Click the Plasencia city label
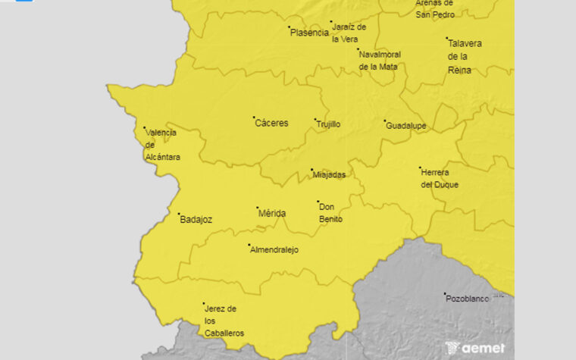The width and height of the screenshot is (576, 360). coord(309,33)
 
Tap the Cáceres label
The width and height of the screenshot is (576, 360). coord(271,123)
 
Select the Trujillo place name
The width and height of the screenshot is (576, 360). coord(328,124)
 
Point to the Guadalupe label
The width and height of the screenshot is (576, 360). coord(406,126)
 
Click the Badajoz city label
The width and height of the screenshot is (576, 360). coord(196,220)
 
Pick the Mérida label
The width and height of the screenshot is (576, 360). coord(272,214)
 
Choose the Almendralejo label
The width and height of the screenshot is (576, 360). coord(274,249)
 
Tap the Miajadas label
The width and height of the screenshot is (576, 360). coord(329,175)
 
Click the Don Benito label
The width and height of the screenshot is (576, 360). coord(330,213)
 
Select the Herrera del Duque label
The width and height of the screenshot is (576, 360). coord(440,178)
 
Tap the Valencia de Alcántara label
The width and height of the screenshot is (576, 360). coord(162,145)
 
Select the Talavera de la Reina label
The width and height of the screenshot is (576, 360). coord(465,57)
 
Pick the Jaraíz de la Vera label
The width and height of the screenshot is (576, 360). coord(349,33)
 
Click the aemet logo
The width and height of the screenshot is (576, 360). coord(475,347)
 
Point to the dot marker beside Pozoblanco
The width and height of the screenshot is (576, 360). coord(445,294)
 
